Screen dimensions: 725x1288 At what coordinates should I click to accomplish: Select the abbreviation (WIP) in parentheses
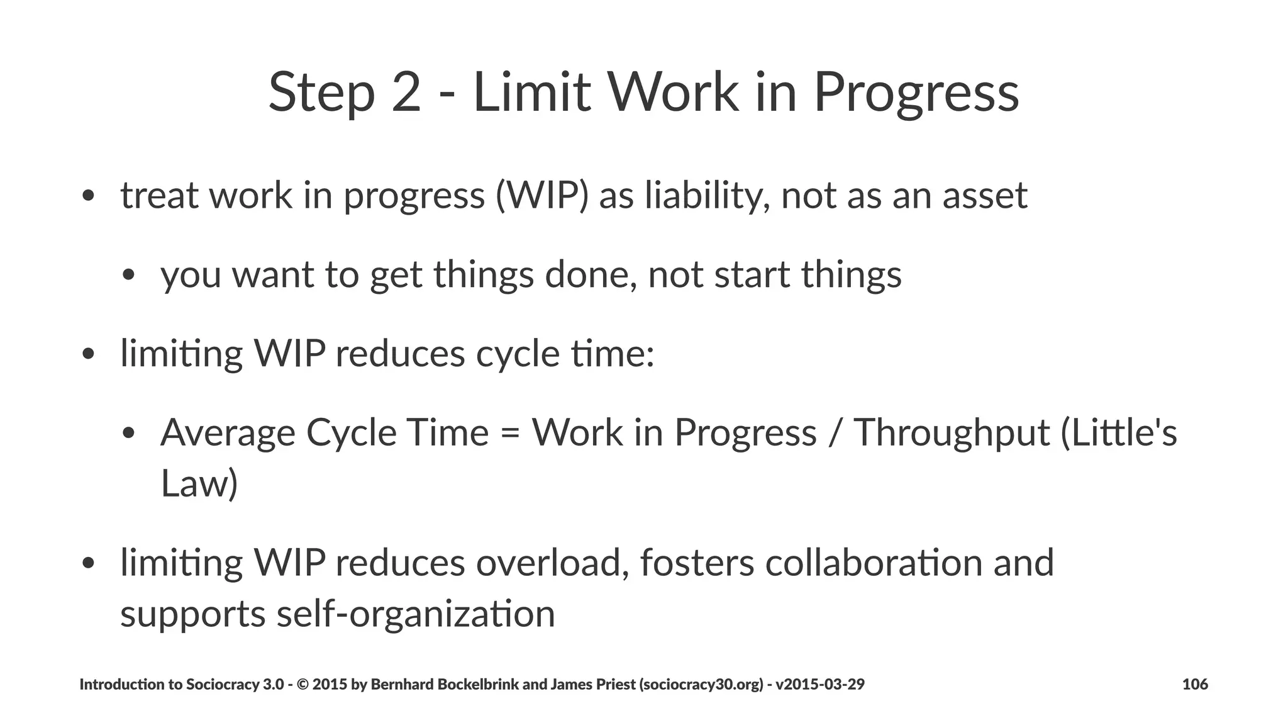coord(542,196)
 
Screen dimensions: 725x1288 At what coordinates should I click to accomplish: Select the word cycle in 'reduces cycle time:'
coord(517,354)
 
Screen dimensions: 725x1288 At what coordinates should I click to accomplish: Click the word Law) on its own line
coord(199,483)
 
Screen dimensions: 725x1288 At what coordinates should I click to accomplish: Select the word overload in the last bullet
coord(552,563)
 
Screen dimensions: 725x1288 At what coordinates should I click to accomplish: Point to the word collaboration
coord(874,563)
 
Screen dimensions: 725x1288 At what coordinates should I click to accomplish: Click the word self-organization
coord(416,614)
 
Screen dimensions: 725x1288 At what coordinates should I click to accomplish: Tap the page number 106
coord(1194,684)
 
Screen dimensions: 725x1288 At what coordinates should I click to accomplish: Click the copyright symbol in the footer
coord(302,684)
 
